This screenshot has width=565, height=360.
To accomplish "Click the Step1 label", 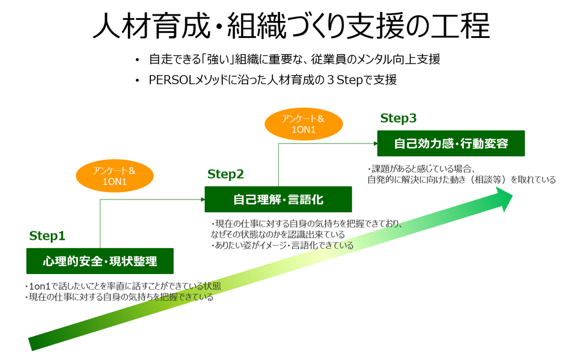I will [x=47, y=236].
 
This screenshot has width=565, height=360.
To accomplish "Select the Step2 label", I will [x=225, y=174].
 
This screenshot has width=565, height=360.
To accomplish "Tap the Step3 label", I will [x=399, y=118].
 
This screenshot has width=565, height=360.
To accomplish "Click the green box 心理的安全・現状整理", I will [x=100, y=261].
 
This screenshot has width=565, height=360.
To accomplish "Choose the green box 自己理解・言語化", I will [x=278, y=199].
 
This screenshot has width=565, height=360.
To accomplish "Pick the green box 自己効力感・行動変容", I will [x=451, y=144].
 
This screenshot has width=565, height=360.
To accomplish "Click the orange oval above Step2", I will [x=115, y=176].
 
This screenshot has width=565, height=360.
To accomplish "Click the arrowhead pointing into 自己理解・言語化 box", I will [x=202, y=199].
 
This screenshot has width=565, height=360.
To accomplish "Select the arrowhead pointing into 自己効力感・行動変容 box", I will [x=374, y=144].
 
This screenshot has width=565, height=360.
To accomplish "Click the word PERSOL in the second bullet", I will [x=170, y=80].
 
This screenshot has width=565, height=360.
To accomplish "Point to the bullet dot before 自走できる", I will [x=138, y=59].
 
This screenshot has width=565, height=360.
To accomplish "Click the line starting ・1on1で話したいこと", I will [x=123, y=286].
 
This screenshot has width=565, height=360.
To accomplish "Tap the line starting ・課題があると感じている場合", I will [x=421, y=169].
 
